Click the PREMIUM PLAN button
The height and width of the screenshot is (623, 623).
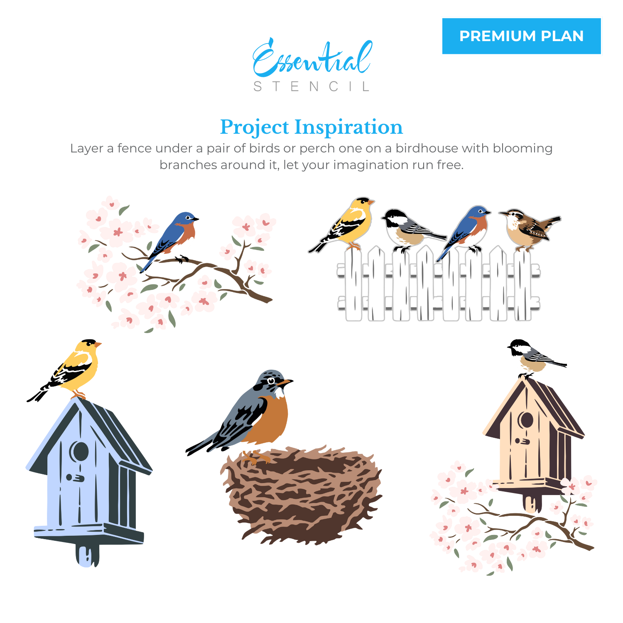(521, 36)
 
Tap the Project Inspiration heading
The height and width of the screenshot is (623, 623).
(311, 127)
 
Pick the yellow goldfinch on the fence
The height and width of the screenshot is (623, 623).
(349, 224)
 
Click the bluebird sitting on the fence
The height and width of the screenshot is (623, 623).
(469, 228)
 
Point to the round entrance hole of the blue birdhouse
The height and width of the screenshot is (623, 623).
(79, 451)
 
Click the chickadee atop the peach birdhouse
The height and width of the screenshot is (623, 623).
(534, 357)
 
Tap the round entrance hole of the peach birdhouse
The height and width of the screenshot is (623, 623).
(526, 420)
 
